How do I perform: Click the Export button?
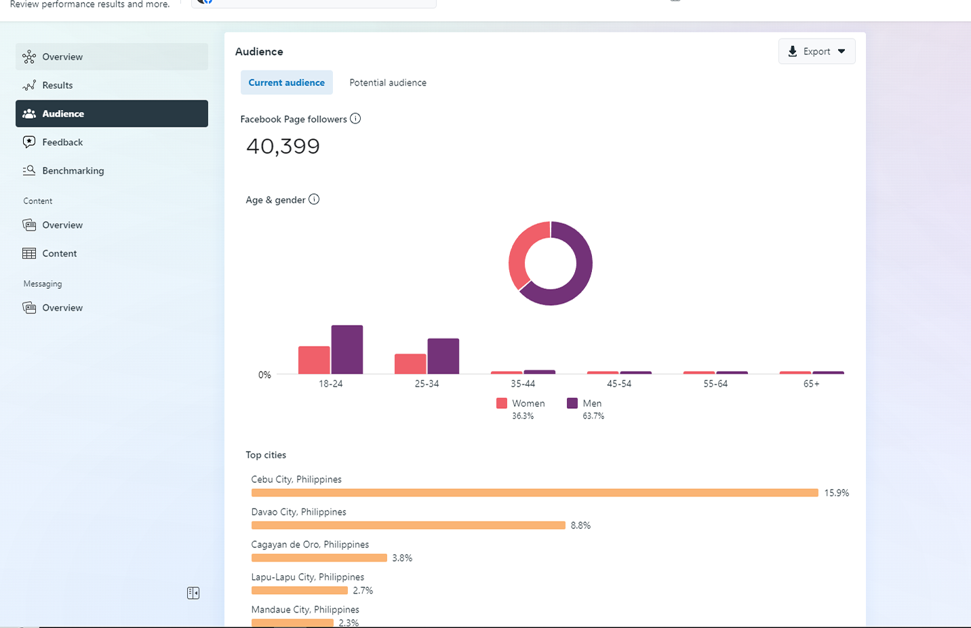pyautogui.click(x=816, y=52)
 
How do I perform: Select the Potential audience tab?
pyautogui.click(x=388, y=83)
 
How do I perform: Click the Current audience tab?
pyautogui.click(x=286, y=83)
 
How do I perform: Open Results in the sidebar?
pyautogui.click(x=58, y=85)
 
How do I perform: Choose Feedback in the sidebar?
pyautogui.click(x=62, y=142)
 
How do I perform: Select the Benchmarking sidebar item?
pyautogui.click(x=73, y=171)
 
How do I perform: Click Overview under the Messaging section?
pyautogui.click(x=62, y=308)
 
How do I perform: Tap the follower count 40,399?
pyautogui.click(x=283, y=146)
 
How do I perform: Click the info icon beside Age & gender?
pyautogui.click(x=314, y=199)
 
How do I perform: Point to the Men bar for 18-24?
pyautogui.click(x=347, y=349)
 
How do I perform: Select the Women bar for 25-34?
pyautogui.click(x=410, y=364)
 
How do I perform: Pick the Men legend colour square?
pyautogui.click(x=572, y=404)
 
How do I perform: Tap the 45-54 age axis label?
pyautogui.click(x=619, y=384)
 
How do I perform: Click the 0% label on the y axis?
pyautogui.click(x=264, y=375)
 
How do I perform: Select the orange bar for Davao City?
pyautogui.click(x=408, y=526)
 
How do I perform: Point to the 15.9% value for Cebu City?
pyautogui.click(x=836, y=493)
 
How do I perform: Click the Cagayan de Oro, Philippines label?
pyautogui.click(x=310, y=545)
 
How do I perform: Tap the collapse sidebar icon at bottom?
pyautogui.click(x=193, y=593)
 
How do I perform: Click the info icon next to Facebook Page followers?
pyautogui.click(x=355, y=119)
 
